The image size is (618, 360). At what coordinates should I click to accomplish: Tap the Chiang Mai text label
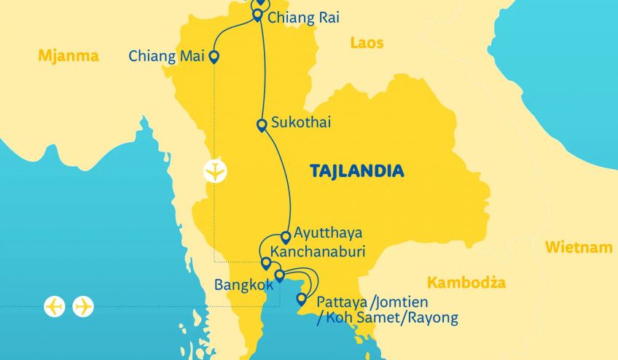(166, 56)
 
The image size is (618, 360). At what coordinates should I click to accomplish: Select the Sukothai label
(300, 122)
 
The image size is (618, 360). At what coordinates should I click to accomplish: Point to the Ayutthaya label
(328, 234)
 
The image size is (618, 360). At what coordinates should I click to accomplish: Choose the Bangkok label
(243, 284)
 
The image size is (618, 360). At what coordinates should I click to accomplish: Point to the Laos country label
(367, 43)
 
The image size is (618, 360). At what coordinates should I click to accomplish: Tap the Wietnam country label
(579, 248)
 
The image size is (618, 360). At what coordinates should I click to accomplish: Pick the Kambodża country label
(466, 283)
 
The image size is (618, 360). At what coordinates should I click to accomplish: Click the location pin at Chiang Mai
(214, 56)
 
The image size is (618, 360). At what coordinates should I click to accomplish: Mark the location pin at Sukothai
(261, 125)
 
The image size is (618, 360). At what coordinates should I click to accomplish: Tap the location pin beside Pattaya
(301, 299)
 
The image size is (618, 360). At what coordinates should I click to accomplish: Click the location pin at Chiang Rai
(257, 15)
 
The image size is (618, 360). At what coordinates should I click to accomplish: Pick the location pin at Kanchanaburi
(266, 263)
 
